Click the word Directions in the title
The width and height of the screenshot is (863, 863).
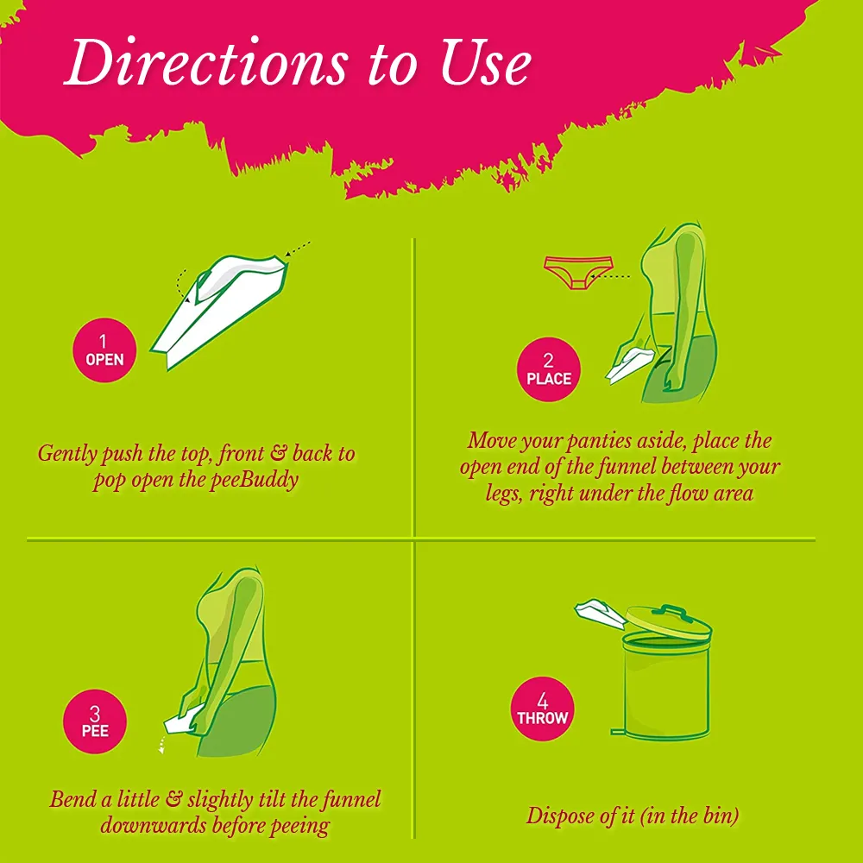(206, 61)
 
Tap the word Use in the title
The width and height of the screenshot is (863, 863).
(485, 63)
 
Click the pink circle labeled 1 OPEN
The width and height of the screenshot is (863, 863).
(104, 350)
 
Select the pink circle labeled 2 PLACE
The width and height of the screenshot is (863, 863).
(548, 369)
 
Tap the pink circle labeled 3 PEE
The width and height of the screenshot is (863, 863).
(95, 721)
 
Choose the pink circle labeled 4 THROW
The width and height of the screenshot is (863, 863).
(542, 709)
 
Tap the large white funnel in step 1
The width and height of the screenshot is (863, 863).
(220, 311)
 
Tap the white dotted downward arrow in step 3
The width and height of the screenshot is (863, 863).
(162, 744)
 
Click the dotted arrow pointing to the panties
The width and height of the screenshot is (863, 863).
(615, 276)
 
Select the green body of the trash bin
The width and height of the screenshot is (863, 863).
(666, 687)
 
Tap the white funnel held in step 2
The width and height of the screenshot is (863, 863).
(630, 365)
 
